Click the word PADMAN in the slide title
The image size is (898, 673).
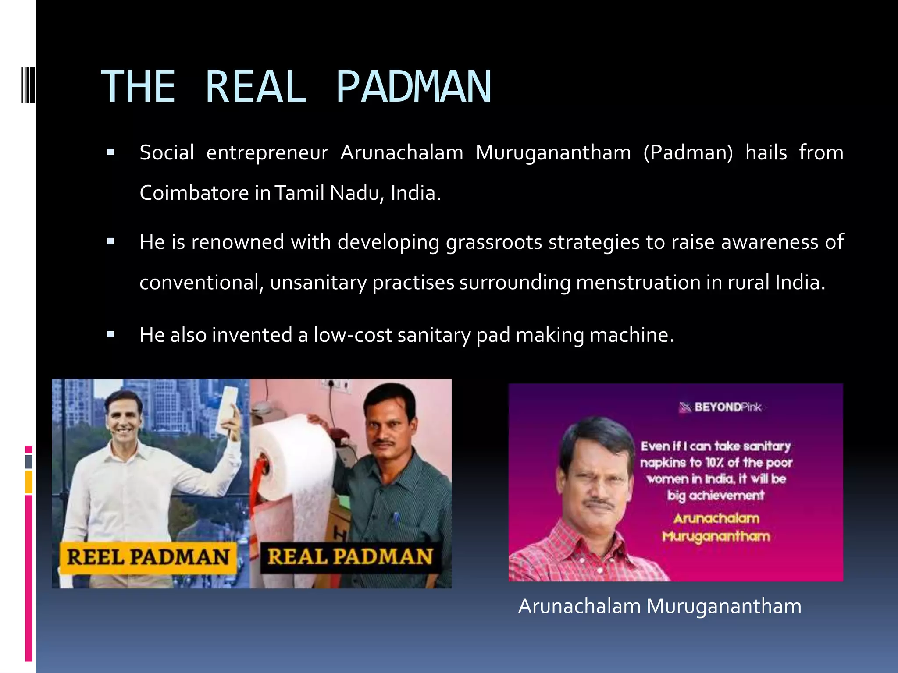(414, 87)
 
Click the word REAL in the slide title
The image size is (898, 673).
(256, 87)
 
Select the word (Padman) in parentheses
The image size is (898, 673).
(688, 153)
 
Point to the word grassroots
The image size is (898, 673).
(494, 242)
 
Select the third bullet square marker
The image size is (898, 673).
(110, 335)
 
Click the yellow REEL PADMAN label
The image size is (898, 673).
(148, 557)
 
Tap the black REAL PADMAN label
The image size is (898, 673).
(349, 557)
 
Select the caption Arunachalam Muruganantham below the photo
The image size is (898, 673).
(659, 607)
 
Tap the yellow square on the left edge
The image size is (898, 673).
(29, 482)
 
